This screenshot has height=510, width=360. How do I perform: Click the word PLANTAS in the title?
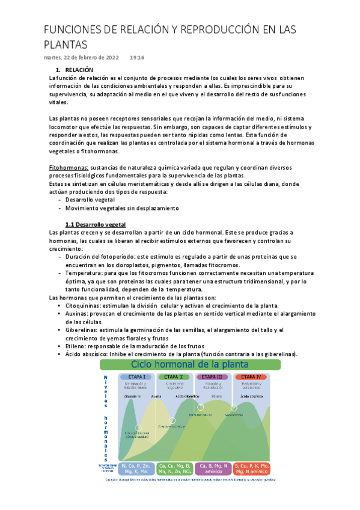66,45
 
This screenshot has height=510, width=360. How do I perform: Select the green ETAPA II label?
175,377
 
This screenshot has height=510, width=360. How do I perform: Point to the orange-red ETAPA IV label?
252,377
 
